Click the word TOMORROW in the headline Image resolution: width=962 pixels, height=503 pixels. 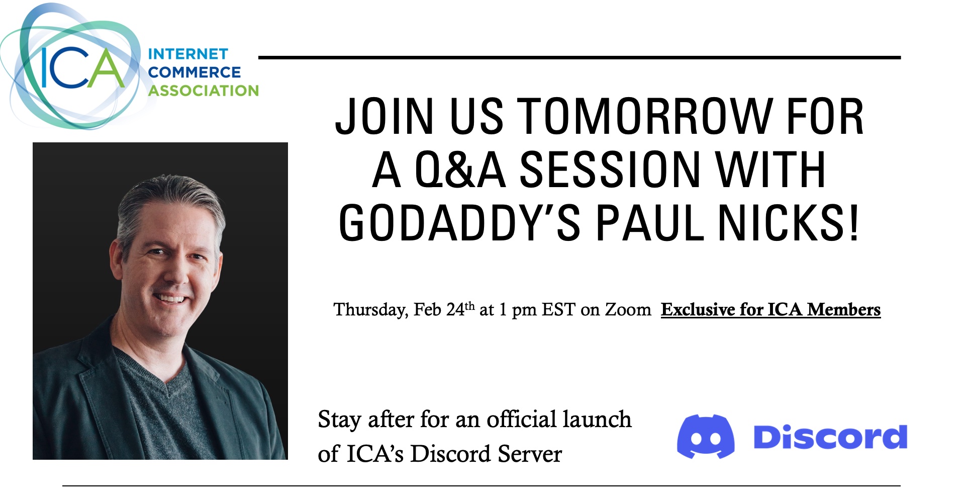tap(644, 116)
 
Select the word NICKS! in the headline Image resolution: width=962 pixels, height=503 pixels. tap(789, 223)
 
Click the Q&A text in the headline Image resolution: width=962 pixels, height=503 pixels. tap(460, 170)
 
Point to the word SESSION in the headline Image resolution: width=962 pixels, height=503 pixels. tap(610, 170)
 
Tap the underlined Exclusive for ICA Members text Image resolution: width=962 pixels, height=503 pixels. tap(771, 309)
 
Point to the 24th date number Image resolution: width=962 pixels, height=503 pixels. tap(460, 308)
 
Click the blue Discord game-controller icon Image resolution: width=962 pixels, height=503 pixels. tap(706, 436)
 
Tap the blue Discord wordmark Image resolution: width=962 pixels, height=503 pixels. tap(830, 437)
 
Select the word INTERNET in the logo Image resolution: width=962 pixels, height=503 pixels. tap(188, 54)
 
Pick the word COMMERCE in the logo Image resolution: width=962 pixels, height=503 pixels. tap(195, 72)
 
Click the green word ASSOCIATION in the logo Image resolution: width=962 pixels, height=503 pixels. tap(204, 91)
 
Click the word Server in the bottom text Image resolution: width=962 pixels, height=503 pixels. tap(530, 454)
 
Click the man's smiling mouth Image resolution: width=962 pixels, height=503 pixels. tap(171, 299)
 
